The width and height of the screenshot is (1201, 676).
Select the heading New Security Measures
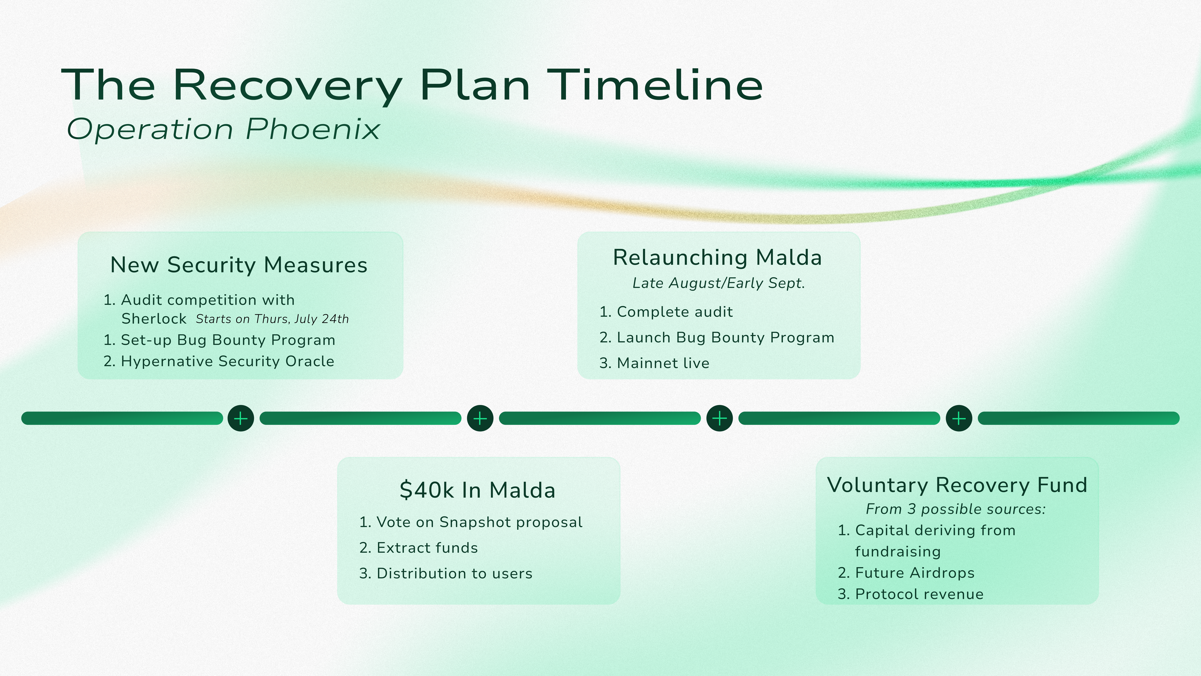(239, 265)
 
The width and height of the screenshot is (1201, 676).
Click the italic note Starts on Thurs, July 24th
(272, 319)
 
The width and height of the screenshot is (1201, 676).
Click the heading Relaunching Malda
(717, 258)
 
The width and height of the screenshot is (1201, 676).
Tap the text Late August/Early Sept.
(718, 283)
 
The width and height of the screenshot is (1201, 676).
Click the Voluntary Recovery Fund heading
(957, 485)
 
